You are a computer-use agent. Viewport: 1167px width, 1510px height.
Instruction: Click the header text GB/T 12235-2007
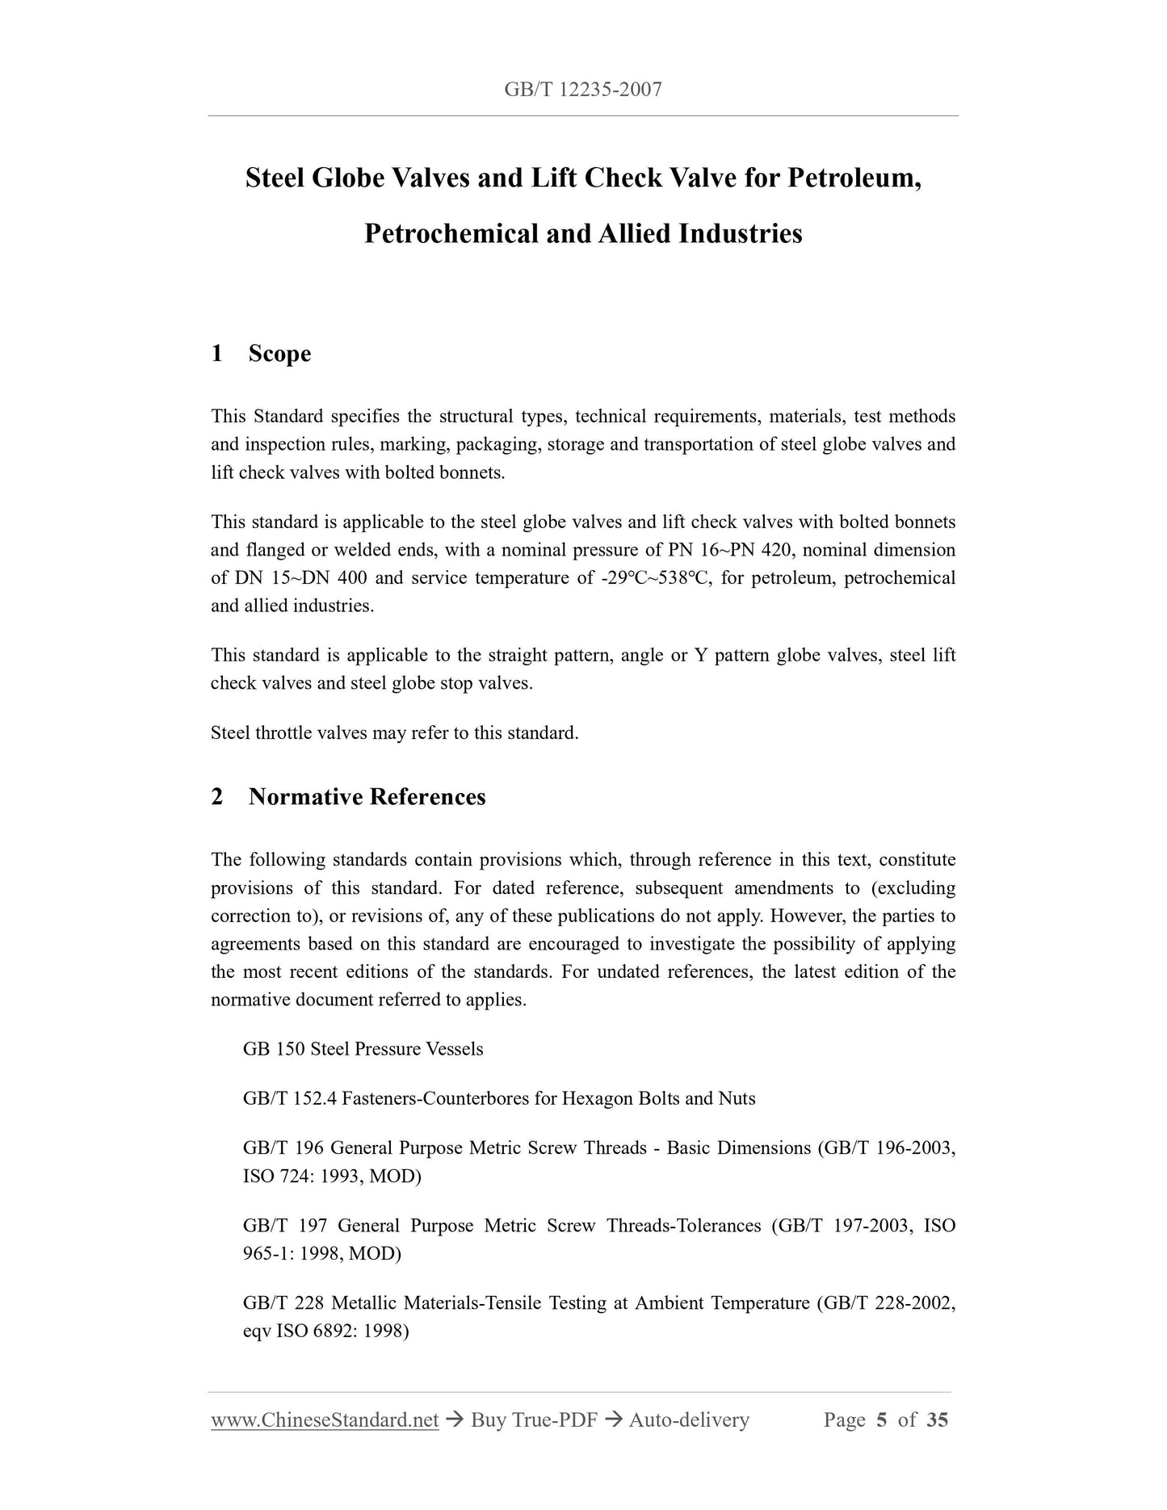[x=582, y=90]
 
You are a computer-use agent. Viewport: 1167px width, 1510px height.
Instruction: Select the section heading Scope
[x=279, y=354]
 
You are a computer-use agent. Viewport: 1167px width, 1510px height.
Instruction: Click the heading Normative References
[x=367, y=797]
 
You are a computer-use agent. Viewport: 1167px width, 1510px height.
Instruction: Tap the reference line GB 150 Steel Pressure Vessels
[x=363, y=1049]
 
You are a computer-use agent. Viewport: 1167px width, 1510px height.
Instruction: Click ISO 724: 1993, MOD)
[x=332, y=1176]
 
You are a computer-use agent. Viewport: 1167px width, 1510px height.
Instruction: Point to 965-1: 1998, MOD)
[x=321, y=1253]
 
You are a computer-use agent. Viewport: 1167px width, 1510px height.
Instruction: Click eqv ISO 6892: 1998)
[x=325, y=1331]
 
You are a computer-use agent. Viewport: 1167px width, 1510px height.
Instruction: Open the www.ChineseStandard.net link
[x=325, y=1420]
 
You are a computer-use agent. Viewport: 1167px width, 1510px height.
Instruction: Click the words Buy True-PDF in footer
[x=534, y=1420]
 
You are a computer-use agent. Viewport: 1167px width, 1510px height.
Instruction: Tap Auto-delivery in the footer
[x=689, y=1420]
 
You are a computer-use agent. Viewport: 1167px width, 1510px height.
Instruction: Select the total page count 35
[x=937, y=1420]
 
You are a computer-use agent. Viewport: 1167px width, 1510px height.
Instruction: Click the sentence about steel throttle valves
[x=394, y=733]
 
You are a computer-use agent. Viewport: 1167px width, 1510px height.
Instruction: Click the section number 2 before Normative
[x=217, y=797]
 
